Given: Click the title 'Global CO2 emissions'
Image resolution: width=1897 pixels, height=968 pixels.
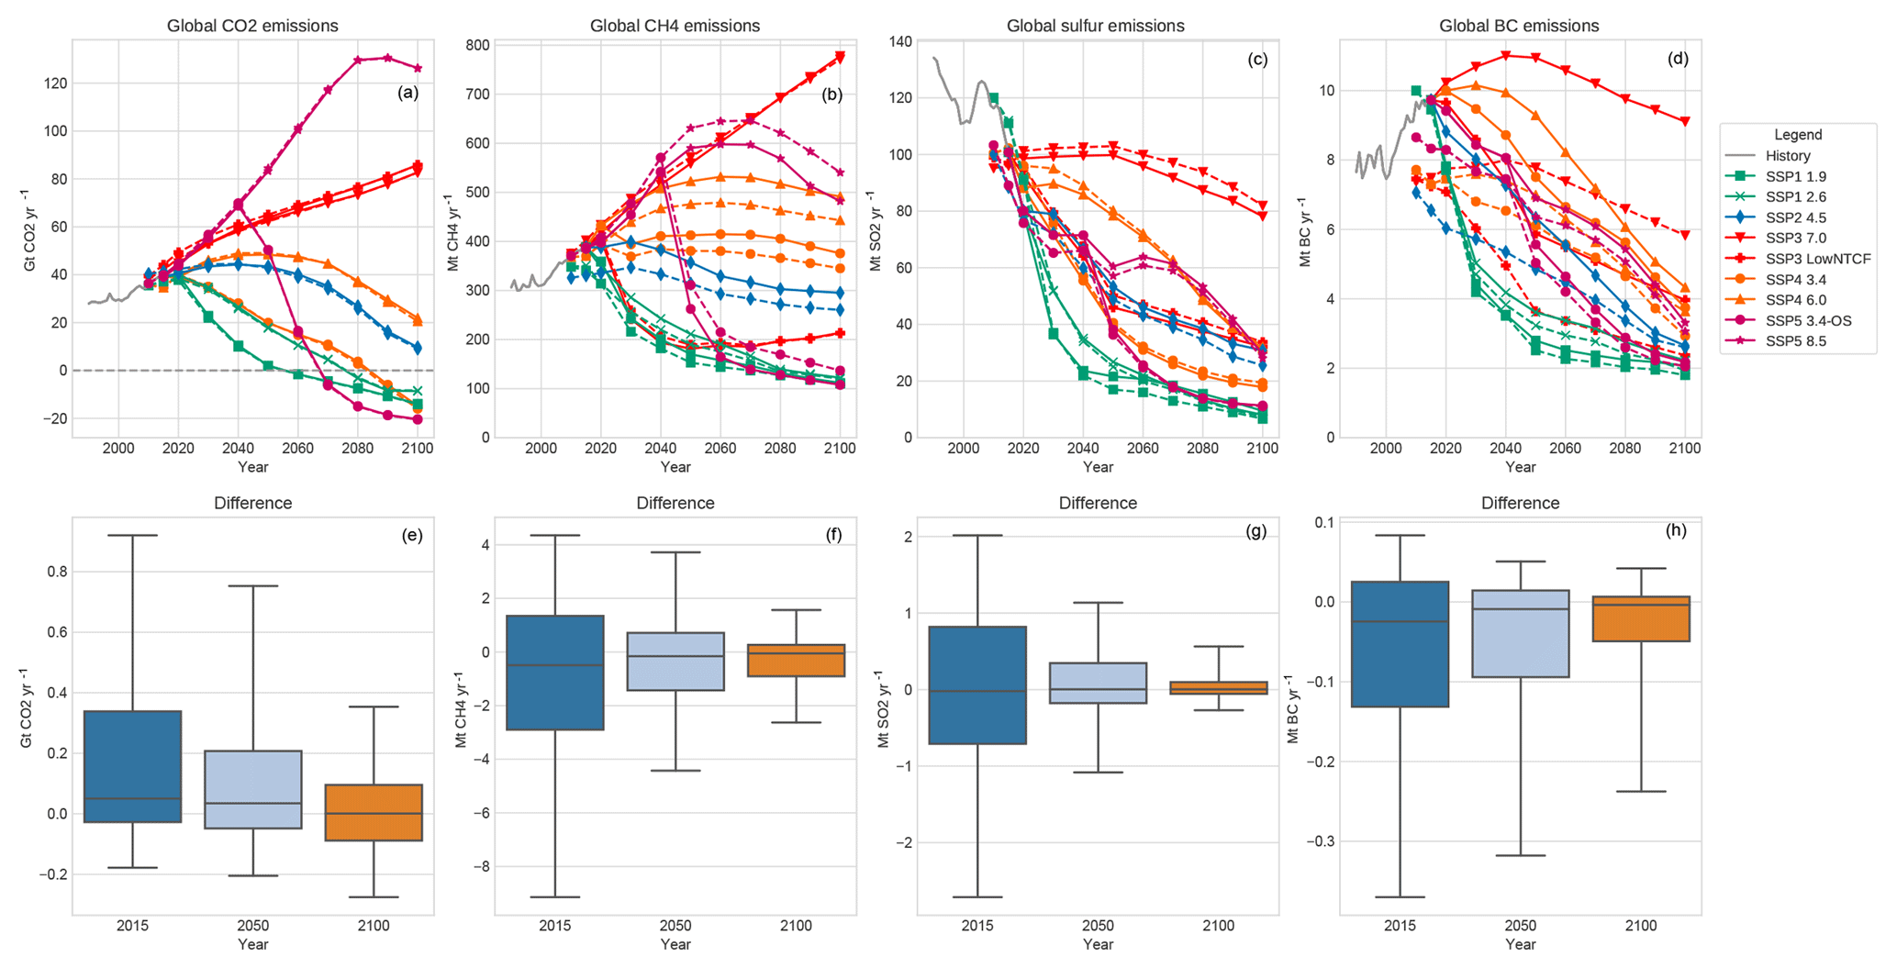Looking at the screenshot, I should (252, 26).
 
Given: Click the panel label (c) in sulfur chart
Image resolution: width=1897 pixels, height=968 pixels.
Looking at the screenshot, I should (1257, 60).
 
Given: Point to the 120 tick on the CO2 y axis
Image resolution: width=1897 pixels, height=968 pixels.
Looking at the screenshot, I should (54, 83).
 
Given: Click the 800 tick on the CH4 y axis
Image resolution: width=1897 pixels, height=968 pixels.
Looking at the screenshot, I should (477, 45).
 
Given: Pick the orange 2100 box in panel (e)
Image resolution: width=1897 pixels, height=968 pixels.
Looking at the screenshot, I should (374, 813).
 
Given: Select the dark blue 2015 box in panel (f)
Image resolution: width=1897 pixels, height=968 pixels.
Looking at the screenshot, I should (555, 673).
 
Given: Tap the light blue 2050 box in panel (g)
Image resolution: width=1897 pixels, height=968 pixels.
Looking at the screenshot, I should (1099, 683).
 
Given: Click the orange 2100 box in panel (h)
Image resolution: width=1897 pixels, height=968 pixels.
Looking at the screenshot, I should (1641, 618).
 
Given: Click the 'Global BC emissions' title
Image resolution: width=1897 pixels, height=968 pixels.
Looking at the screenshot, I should (1519, 26).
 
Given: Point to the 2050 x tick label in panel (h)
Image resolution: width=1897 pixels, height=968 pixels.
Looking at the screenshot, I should (1521, 926).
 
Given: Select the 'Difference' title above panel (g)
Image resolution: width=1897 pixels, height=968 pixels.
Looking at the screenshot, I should (1098, 503).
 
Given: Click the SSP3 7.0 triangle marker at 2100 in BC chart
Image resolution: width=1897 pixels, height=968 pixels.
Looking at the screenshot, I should (1685, 121).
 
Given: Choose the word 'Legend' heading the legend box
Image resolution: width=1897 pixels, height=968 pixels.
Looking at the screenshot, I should (1798, 135).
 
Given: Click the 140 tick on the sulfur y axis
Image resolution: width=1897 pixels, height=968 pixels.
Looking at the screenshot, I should (898, 41).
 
